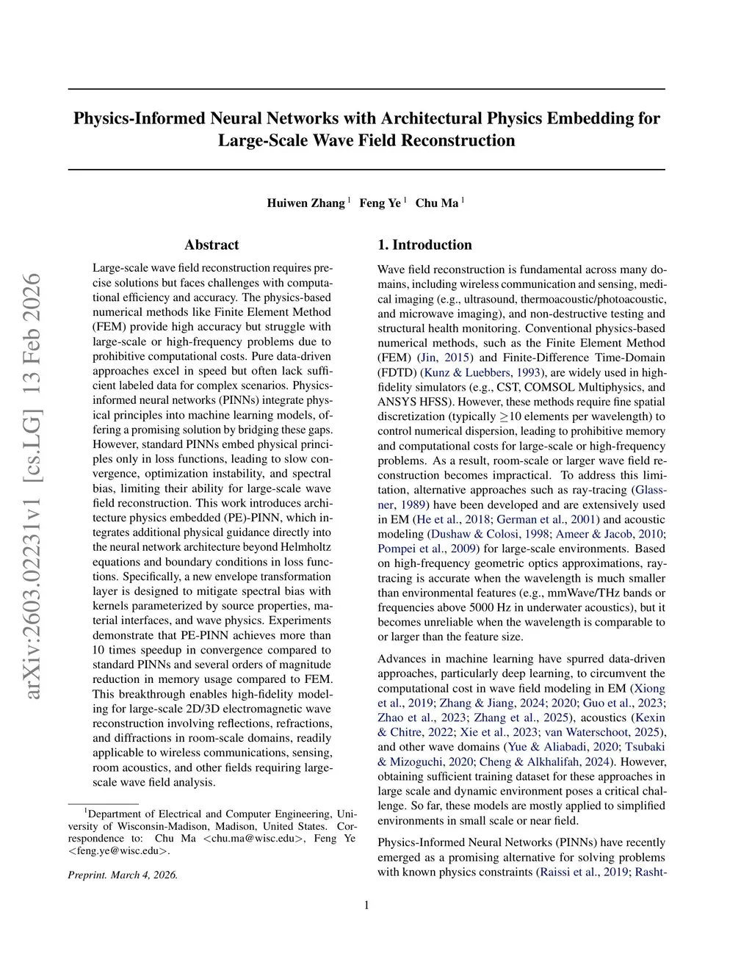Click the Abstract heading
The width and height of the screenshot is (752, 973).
(x=211, y=245)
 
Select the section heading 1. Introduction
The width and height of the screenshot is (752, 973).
(x=424, y=245)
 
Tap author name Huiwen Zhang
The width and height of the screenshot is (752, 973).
(x=305, y=203)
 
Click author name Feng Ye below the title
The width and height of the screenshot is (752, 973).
(x=380, y=203)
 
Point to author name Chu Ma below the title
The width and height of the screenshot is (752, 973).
(x=437, y=203)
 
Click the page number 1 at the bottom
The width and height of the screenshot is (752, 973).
(x=366, y=905)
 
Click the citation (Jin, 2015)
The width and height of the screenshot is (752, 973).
(x=446, y=358)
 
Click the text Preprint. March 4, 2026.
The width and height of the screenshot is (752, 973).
(x=123, y=875)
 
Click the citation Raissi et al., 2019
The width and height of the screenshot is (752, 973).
(x=584, y=872)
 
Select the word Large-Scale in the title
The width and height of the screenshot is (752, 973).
(x=261, y=140)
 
